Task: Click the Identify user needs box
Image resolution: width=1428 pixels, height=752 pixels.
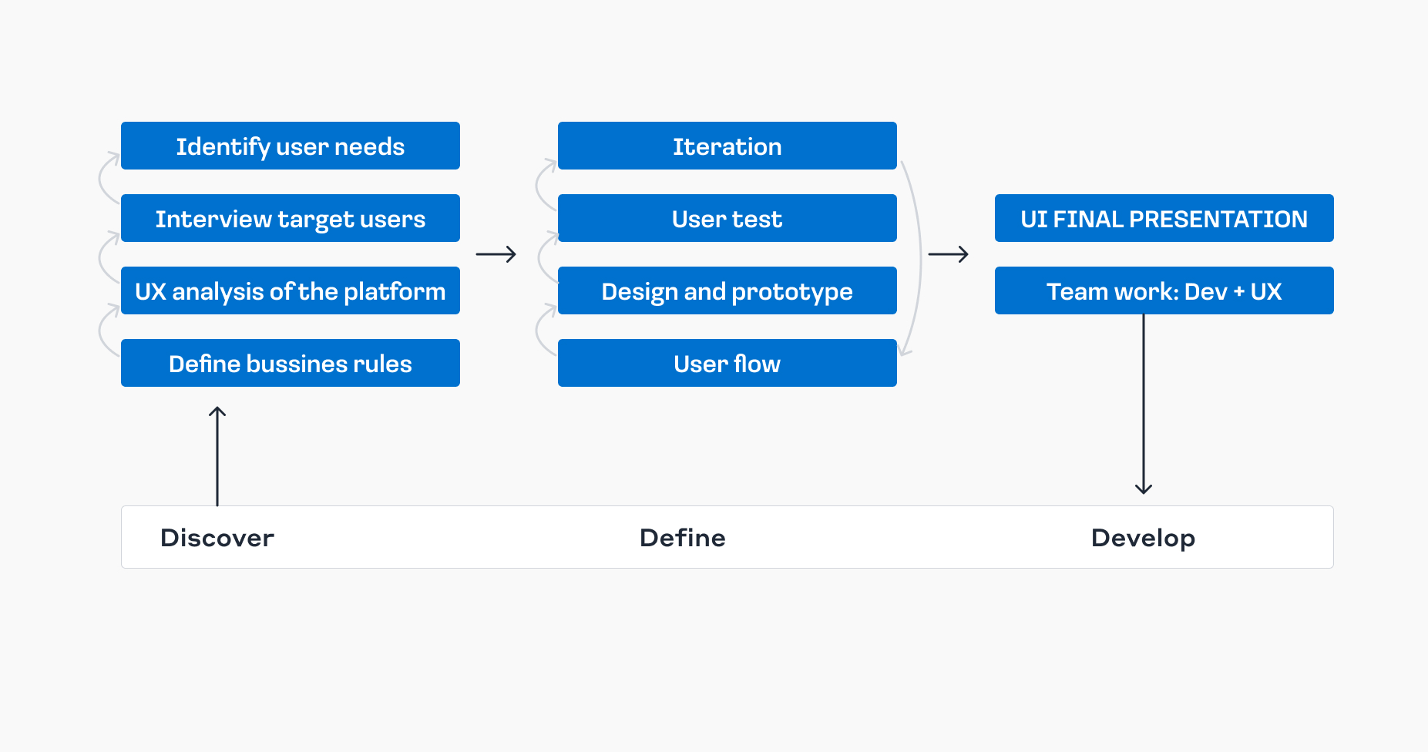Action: click(290, 146)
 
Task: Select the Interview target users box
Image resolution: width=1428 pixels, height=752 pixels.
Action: click(290, 218)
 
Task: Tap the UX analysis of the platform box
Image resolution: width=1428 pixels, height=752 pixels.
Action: click(290, 290)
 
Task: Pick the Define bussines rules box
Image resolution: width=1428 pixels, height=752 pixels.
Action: click(290, 363)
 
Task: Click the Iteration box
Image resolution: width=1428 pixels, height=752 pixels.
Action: click(727, 146)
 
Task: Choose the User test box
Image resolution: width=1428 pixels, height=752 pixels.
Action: click(727, 218)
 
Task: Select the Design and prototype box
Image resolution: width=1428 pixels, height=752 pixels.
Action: click(727, 290)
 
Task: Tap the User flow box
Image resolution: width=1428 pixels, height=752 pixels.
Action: click(727, 363)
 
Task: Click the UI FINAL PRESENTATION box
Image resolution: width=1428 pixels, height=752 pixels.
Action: click(1164, 218)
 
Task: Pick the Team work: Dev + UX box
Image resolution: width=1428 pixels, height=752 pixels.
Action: click(1164, 290)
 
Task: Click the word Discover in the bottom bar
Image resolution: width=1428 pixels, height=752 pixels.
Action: click(217, 538)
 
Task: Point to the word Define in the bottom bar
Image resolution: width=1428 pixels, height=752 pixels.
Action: click(682, 538)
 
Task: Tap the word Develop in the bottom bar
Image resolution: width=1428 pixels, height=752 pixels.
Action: click(1143, 538)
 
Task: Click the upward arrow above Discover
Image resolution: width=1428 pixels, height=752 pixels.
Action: click(217, 455)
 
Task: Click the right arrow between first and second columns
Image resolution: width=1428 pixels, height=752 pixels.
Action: click(496, 254)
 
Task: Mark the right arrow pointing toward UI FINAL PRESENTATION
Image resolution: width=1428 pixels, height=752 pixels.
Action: click(948, 254)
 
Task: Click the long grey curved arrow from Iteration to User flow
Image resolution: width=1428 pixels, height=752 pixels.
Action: click(919, 258)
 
